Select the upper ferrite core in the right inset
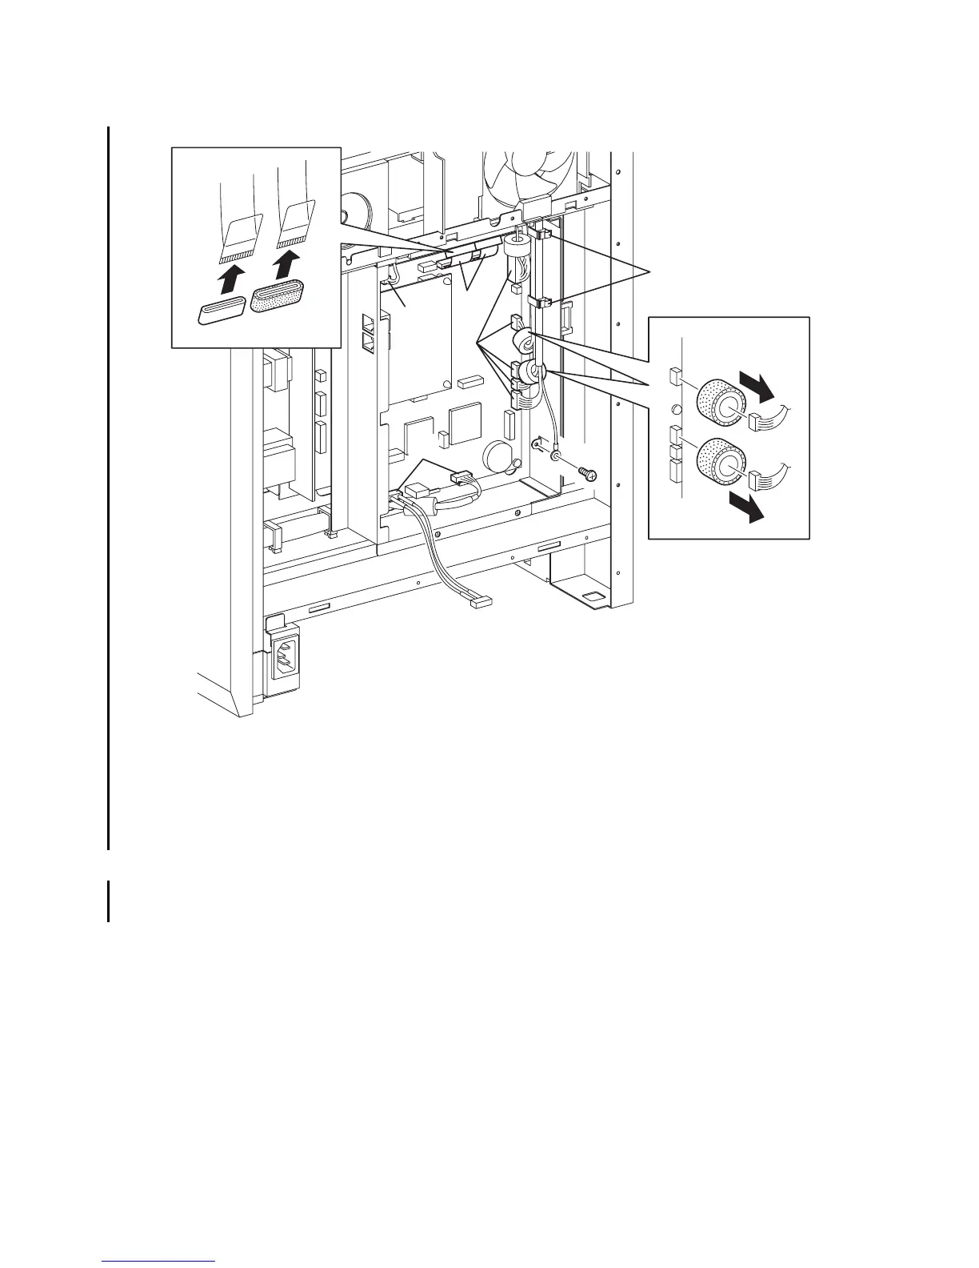click(x=720, y=399)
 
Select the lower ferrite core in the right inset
click(x=719, y=459)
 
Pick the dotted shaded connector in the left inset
click(x=279, y=299)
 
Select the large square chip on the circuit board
click(x=465, y=423)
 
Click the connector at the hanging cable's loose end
click(x=482, y=601)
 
